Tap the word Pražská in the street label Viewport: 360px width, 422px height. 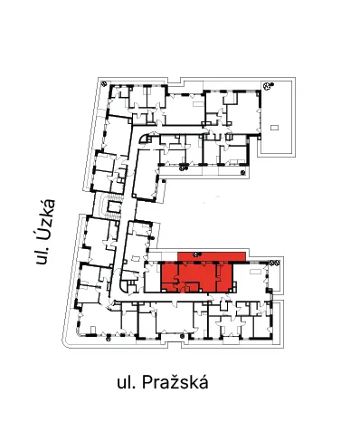click(x=175, y=382)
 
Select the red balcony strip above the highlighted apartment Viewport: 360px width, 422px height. click(x=212, y=256)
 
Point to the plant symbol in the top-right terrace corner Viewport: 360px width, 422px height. click(x=268, y=86)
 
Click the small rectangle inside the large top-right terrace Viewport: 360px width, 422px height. click(x=274, y=128)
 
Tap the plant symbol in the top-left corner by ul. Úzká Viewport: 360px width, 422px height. click(x=104, y=83)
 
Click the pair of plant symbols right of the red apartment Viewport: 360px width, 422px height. click(x=274, y=263)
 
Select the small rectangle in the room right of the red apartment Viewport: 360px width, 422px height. click(x=255, y=272)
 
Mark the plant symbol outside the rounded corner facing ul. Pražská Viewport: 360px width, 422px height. click(x=109, y=339)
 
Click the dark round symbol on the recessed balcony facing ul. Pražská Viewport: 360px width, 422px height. click(x=182, y=336)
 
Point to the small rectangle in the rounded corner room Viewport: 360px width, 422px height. click(x=93, y=329)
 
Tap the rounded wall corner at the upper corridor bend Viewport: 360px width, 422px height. click(x=143, y=138)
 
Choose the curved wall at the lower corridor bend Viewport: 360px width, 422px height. click(x=123, y=286)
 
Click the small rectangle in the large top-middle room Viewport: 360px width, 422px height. click(x=197, y=104)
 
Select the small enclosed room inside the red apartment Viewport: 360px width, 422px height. click(x=192, y=287)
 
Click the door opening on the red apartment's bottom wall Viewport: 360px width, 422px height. click(x=182, y=290)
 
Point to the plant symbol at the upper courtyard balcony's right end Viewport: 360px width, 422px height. click(x=243, y=173)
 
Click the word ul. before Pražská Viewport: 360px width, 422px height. click(x=127, y=382)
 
